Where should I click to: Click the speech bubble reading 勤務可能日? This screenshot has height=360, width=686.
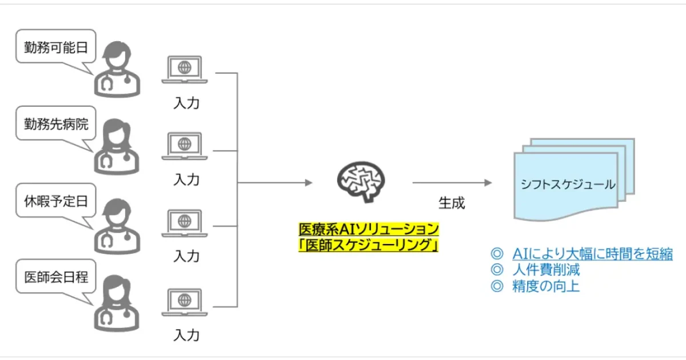pyautogui.click(x=55, y=47)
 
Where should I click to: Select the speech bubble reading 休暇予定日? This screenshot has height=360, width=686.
pyautogui.click(x=55, y=201)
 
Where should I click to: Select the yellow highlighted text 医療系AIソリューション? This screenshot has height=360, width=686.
pyautogui.click(x=368, y=229)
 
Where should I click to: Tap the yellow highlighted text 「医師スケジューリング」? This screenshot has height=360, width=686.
pyautogui.click(x=368, y=245)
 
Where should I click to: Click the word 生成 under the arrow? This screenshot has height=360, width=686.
pyautogui.click(x=451, y=203)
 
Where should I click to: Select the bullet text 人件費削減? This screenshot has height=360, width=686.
pyautogui.click(x=546, y=269)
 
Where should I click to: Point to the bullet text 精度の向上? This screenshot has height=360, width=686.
pyautogui.click(x=546, y=286)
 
